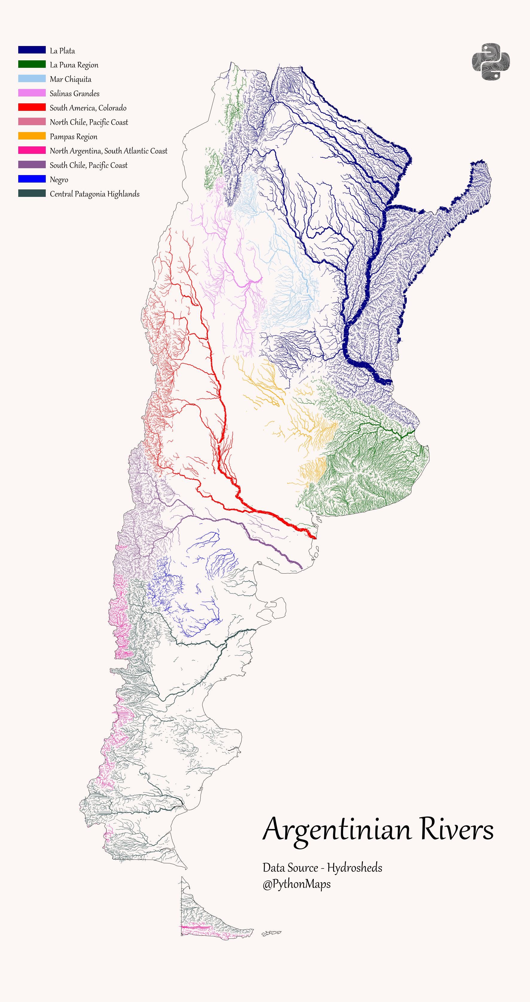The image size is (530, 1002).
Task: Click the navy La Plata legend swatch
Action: click(32, 50)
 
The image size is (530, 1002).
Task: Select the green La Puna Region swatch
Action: click(32, 64)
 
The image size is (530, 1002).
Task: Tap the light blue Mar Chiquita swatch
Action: click(32, 79)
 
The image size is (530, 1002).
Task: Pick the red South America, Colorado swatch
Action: click(32, 107)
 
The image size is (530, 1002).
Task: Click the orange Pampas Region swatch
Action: click(32, 136)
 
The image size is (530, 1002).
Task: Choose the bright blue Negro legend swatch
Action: click(32, 179)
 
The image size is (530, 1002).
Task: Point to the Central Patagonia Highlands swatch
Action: click(32, 193)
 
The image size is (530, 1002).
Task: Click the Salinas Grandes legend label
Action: click(74, 93)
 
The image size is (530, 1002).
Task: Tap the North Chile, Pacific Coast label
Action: click(89, 122)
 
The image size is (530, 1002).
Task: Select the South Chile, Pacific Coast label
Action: click(89, 165)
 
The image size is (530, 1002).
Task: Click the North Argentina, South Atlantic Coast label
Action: click(108, 151)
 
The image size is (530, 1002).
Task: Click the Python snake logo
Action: click(491, 62)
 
